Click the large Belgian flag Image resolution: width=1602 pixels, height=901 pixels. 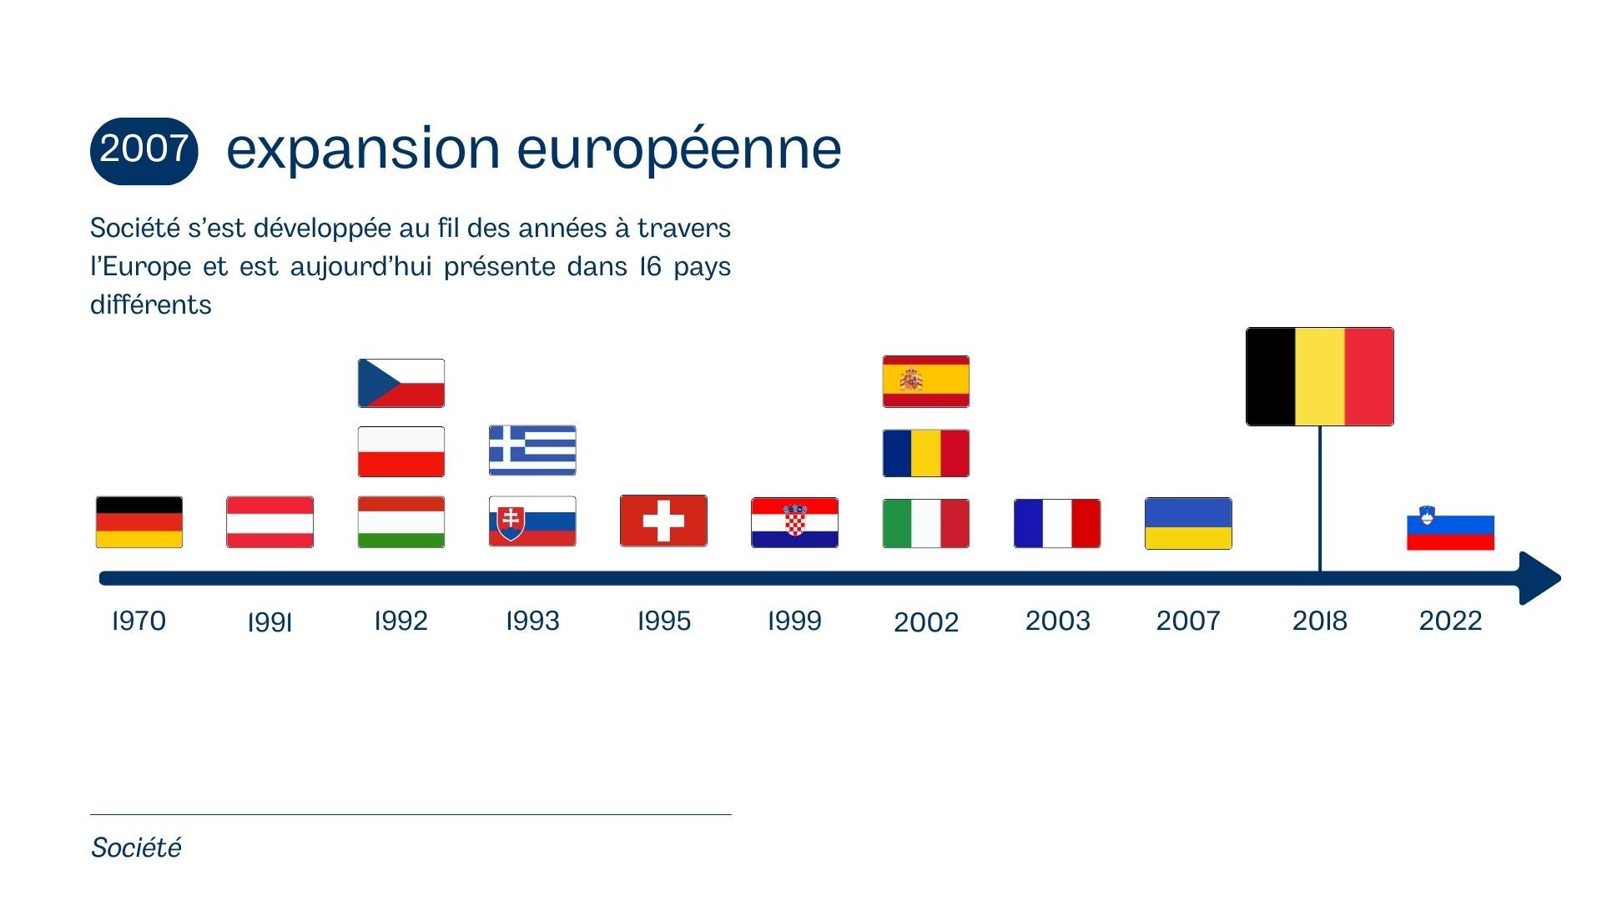click(x=1319, y=376)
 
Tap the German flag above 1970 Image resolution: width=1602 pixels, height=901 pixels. click(x=139, y=522)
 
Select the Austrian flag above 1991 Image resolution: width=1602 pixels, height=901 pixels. click(x=270, y=522)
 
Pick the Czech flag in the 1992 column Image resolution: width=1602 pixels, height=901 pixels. click(x=401, y=383)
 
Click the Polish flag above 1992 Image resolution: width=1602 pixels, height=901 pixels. click(x=401, y=452)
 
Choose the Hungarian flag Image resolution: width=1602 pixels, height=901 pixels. click(x=401, y=522)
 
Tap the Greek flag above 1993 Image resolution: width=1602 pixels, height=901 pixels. click(x=532, y=450)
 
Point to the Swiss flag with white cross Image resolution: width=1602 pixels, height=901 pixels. click(x=663, y=521)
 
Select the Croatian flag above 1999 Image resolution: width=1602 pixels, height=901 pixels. click(x=794, y=523)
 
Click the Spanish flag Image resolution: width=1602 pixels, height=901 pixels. click(x=926, y=381)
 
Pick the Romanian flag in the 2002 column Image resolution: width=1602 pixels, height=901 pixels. click(x=926, y=453)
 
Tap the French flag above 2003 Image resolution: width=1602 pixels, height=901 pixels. click(x=1057, y=524)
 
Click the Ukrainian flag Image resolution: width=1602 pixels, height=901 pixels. click(x=1188, y=524)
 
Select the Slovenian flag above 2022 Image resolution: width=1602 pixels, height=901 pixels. click(x=1450, y=528)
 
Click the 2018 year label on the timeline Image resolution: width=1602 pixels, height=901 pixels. click(x=1320, y=621)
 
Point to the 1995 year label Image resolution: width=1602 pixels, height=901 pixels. click(x=664, y=621)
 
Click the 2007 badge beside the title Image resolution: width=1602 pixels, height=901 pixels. click(x=144, y=150)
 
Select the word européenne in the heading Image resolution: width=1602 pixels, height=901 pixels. click(x=679, y=149)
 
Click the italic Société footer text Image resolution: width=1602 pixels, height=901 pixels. click(x=136, y=848)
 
